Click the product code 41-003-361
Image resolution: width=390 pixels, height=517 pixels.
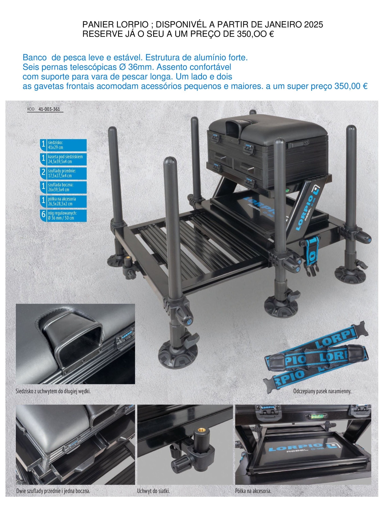pos(49,109)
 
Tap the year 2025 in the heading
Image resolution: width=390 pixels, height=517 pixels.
pos(313,25)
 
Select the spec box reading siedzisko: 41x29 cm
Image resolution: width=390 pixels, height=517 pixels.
pos(64,145)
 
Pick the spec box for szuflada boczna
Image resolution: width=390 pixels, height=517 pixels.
pos(64,187)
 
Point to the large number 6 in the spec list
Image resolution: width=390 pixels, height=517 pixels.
pos(43,215)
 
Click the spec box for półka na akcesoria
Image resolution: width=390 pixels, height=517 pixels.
pos(64,201)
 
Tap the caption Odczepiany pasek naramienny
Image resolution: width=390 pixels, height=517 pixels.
pos(322,391)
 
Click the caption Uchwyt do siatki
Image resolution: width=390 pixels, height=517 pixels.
pos(153,491)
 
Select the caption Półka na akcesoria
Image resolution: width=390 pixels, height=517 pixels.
pos(253,491)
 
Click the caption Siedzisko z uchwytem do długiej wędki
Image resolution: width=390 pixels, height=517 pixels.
pos(53,391)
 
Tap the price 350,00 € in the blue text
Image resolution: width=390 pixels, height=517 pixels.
pos(351,86)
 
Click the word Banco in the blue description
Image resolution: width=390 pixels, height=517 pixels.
pos(34,57)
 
